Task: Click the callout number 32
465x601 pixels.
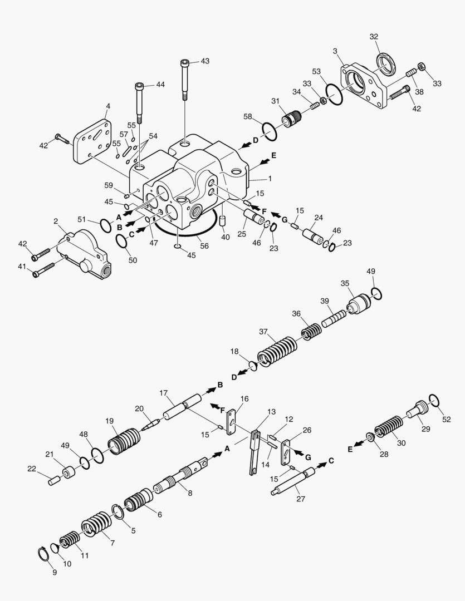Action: [x=374, y=37]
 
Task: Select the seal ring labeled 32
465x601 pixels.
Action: [x=385, y=63]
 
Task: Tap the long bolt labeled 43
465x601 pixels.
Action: [x=185, y=78]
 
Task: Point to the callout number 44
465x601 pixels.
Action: [x=160, y=85]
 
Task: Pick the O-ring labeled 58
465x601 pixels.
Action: [x=268, y=132]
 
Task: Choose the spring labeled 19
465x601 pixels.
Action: [x=124, y=441]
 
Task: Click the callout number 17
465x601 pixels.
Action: [x=163, y=393]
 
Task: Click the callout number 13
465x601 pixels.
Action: [x=271, y=411]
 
